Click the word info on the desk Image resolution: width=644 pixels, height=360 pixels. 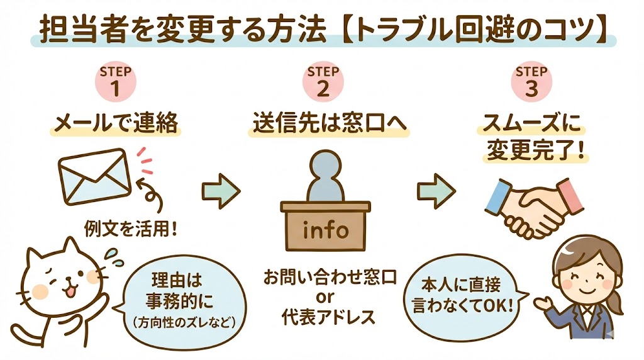pos(325,230)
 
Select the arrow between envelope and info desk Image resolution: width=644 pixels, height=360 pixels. pos(221,188)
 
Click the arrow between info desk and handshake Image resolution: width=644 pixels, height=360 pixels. pos(436,188)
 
